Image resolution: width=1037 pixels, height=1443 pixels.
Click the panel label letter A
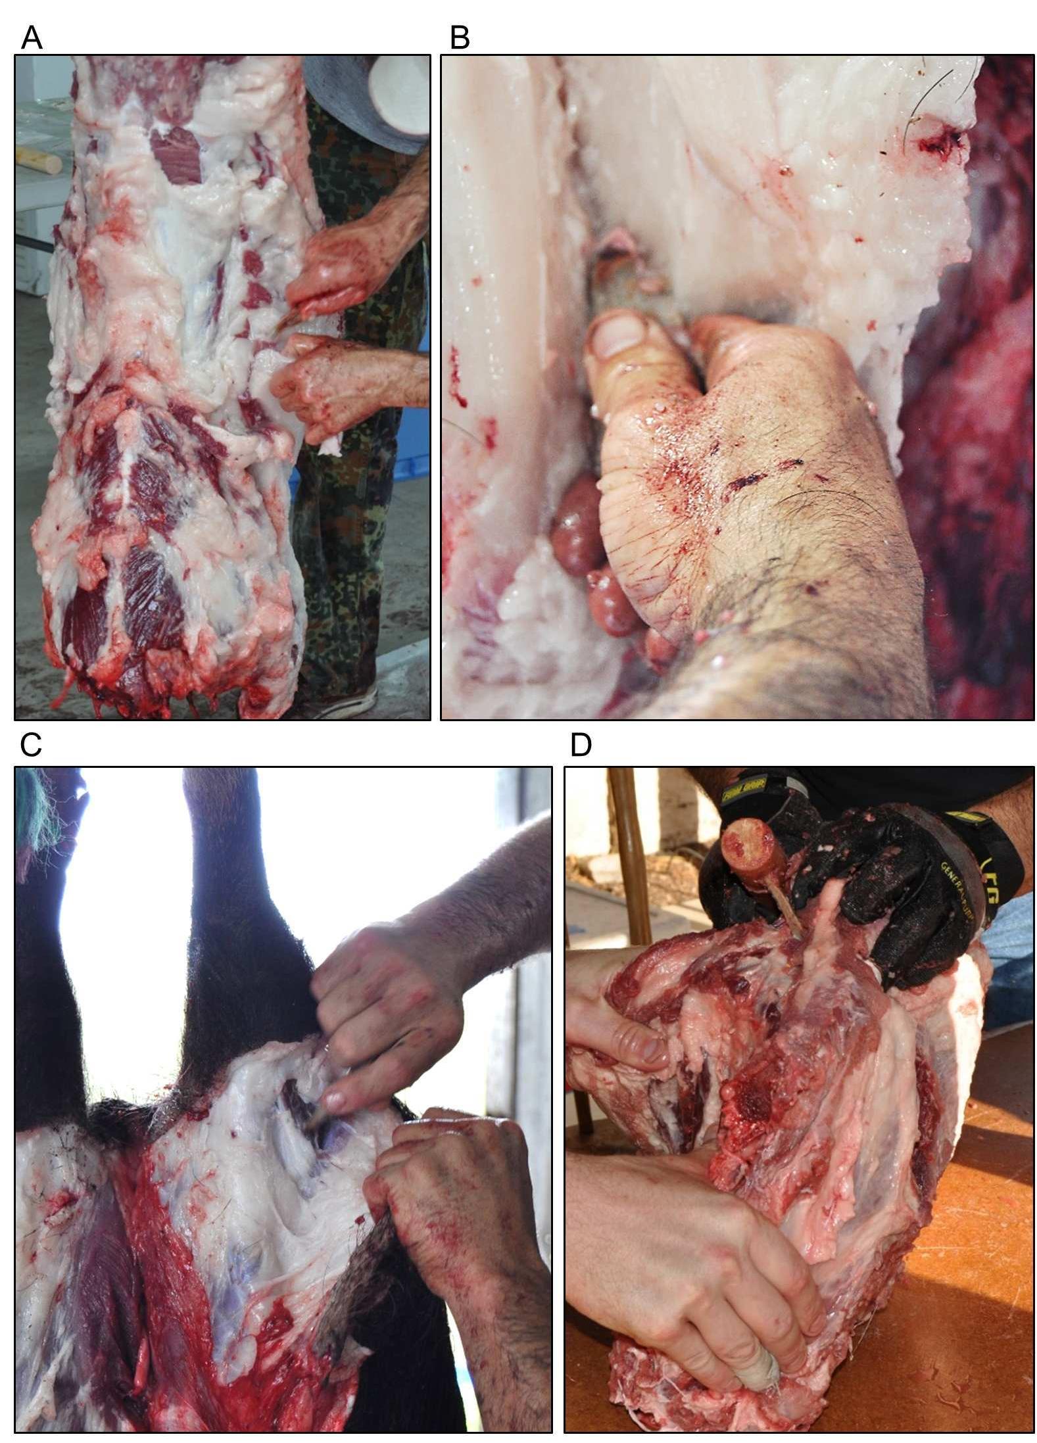coord(31,38)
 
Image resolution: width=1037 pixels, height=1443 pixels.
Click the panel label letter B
coord(460,38)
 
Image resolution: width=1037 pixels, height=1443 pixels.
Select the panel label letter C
coord(31,745)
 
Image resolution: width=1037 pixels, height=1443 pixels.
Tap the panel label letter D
coord(581,745)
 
